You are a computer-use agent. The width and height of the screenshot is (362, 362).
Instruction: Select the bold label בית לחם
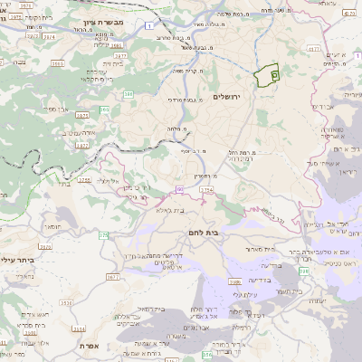237,233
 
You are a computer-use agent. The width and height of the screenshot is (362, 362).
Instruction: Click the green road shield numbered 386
129,94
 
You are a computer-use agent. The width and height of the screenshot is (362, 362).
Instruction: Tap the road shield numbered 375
103,235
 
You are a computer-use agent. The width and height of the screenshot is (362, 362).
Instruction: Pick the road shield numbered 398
304,271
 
